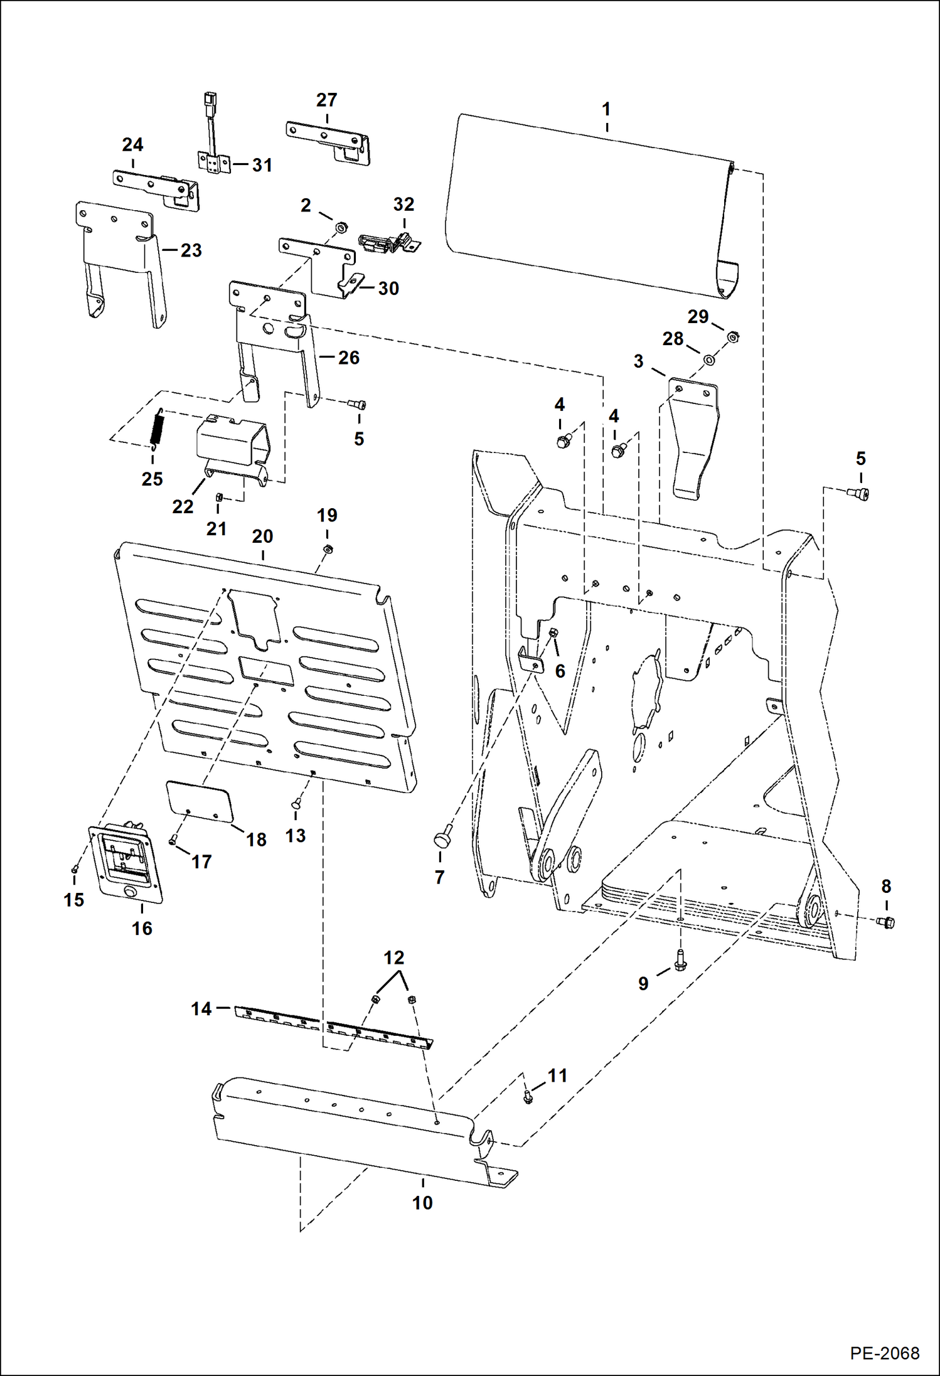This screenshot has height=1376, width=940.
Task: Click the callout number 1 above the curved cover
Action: [606, 109]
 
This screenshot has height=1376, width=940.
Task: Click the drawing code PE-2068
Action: [884, 1353]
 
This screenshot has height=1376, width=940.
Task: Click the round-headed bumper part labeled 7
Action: [442, 838]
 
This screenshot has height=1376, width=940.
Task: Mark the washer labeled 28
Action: [708, 360]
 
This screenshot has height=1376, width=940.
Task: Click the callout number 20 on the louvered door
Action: [262, 537]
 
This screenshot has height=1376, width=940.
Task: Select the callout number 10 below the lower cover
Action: [422, 1202]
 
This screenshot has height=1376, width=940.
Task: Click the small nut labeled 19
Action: [327, 550]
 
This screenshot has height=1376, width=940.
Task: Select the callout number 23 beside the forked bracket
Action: [191, 250]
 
